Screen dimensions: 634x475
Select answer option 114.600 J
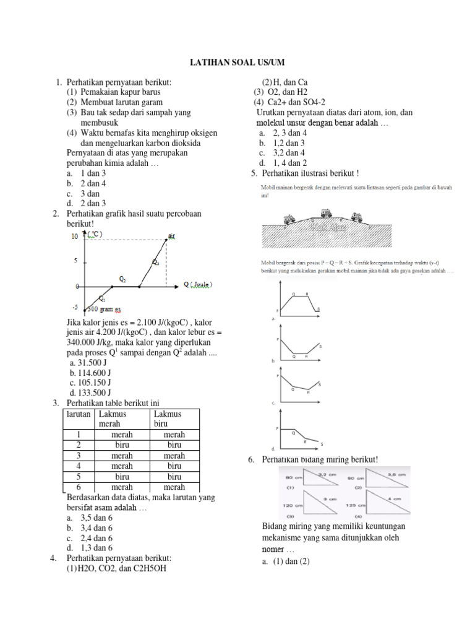coord(92,373)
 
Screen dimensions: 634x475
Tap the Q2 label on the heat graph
coord(123,280)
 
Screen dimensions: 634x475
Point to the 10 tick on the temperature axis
coord(75,237)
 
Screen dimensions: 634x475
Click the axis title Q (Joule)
coord(197,285)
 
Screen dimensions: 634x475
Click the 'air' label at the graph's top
coord(172,236)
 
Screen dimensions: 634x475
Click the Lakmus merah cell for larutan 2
coord(122,445)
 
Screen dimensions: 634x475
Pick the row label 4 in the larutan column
coord(79,466)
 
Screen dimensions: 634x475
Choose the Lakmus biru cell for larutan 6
coord(174,487)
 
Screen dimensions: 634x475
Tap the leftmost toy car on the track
coord(288,219)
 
